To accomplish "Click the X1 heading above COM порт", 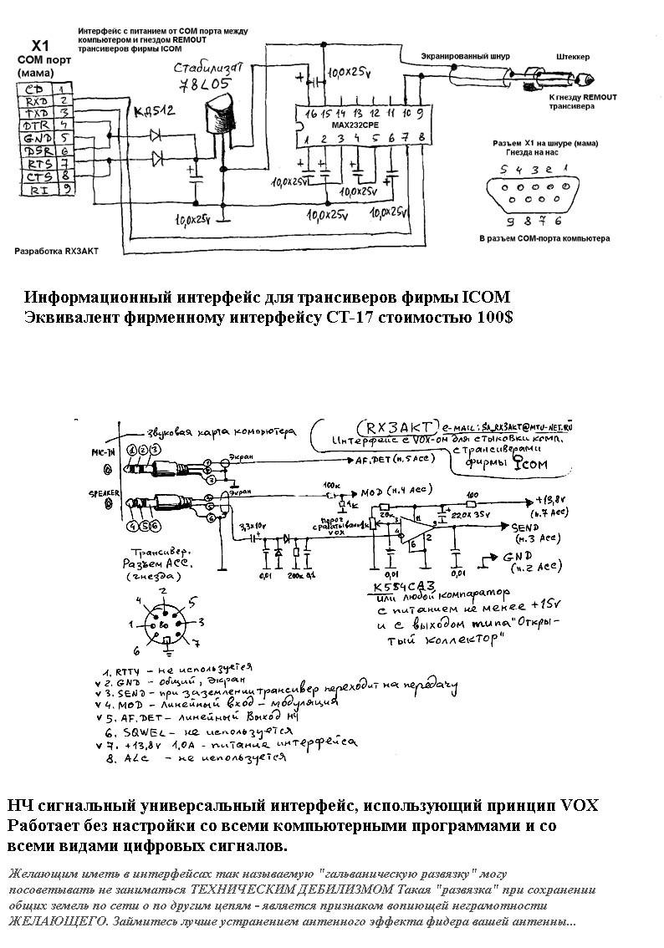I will click(40, 45).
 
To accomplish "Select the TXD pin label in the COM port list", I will click(35, 112).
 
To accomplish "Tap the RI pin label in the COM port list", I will click(35, 190).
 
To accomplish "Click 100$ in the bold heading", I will click(494, 319).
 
